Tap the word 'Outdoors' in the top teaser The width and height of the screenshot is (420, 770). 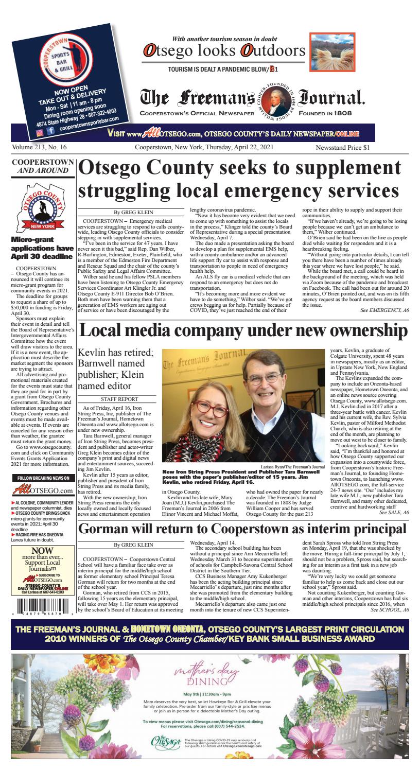273,50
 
